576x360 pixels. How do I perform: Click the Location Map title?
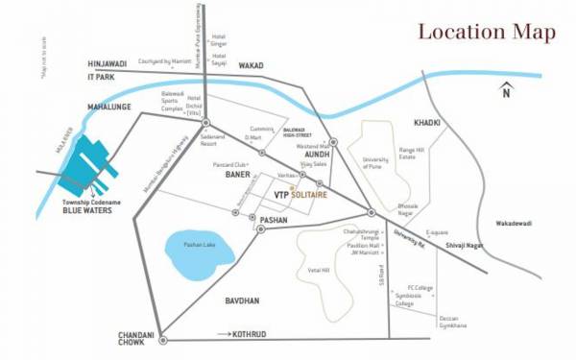(486, 33)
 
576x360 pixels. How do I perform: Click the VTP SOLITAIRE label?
(300, 195)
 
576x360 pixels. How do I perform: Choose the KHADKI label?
(427, 123)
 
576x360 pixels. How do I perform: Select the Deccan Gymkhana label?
(449, 321)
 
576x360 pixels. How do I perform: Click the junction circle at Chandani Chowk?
(163, 338)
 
